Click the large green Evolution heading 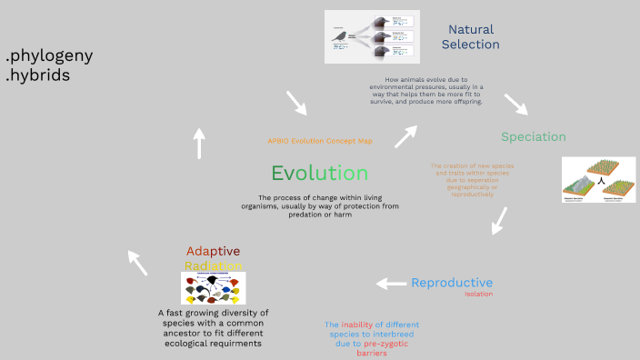[x=319, y=173]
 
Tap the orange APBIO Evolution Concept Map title [x=320, y=141]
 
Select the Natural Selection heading [x=473, y=36]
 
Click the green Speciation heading [x=533, y=136]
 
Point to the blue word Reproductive [x=452, y=282]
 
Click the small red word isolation [x=478, y=295]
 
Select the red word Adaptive [x=214, y=251]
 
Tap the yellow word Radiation [x=214, y=265]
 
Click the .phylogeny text [x=49, y=55]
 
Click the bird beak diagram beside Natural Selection [x=372, y=36]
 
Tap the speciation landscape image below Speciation [x=598, y=179]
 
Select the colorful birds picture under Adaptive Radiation [x=214, y=288]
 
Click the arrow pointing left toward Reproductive [x=392, y=284]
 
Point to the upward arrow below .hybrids [x=199, y=144]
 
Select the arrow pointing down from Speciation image [x=498, y=220]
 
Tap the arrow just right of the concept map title [x=405, y=135]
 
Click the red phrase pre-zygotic [x=389, y=344]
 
